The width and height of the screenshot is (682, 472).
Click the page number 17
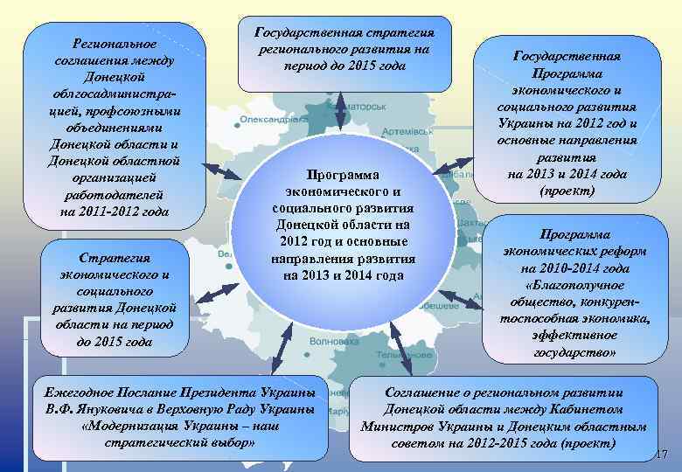pos(661,454)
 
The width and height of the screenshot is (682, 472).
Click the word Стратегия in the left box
pos(115,258)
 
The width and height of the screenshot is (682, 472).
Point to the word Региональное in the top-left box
pos(115,43)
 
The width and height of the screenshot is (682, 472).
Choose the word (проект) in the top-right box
pos(567,191)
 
